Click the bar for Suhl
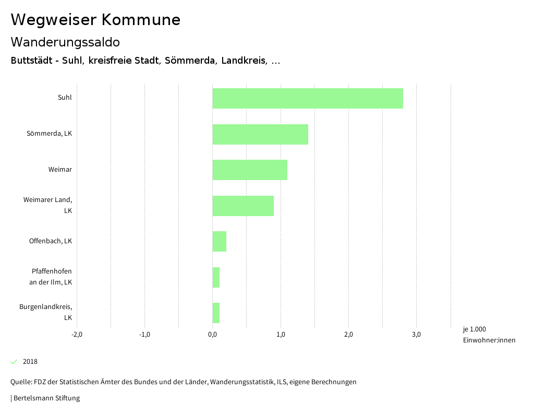pyautogui.click(x=308, y=98)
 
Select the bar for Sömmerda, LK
pyautogui.click(x=260, y=134)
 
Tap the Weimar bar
pyautogui.click(x=250, y=170)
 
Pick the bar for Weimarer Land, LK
pyautogui.click(x=243, y=206)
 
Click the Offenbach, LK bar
pyautogui.click(x=220, y=241)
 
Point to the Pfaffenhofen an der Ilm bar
pyautogui.click(x=216, y=277)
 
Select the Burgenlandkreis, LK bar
pyautogui.click(x=216, y=313)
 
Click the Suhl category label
pyautogui.click(x=65, y=97)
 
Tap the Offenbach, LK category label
pyautogui.click(x=51, y=241)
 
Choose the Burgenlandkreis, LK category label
pyautogui.click(x=46, y=312)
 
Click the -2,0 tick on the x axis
pyautogui.click(x=77, y=335)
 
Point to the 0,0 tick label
pyautogui.click(x=212, y=335)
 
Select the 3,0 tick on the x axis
pyautogui.click(x=416, y=335)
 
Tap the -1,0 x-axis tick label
pyautogui.click(x=144, y=335)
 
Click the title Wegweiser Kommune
pyautogui.click(x=95, y=20)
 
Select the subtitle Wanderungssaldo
pyautogui.click(x=65, y=42)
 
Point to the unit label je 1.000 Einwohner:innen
pyautogui.click(x=489, y=335)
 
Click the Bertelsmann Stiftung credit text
pyautogui.click(x=46, y=398)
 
